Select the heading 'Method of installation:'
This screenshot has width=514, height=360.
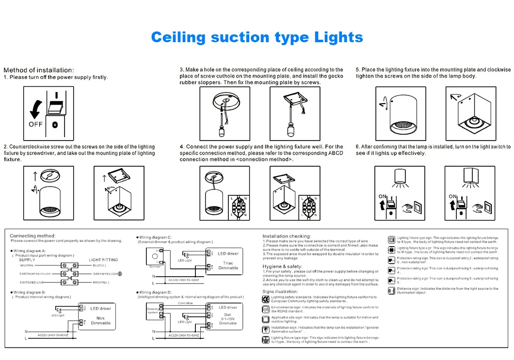pos(38,70)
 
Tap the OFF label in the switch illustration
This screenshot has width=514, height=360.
pos(36,124)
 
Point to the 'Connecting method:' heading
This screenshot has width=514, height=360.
pos(32,236)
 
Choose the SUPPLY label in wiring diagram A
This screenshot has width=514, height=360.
pos(27,260)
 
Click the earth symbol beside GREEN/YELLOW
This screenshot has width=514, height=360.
pos(119,274)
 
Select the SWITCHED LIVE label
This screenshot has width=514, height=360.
pos(32,282)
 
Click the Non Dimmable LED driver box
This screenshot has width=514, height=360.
pos(100,315)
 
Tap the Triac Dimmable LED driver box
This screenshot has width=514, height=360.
pos(228,261)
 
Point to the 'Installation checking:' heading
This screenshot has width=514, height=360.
pos(287,236)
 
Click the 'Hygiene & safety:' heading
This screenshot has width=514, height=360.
pos(282,266)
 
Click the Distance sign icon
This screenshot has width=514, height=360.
pos(392,290)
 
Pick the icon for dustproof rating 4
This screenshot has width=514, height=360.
pos(392,270)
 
